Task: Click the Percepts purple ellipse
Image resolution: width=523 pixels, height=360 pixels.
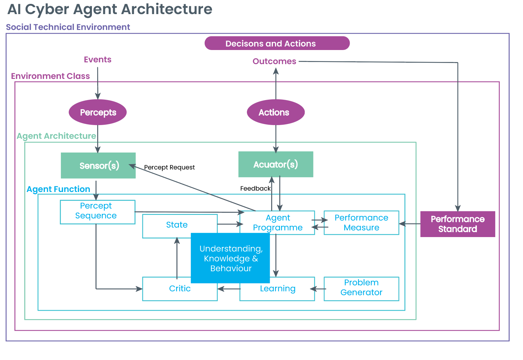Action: click(x=98, y=112)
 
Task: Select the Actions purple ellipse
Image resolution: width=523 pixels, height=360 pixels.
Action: click(x=275, y=112)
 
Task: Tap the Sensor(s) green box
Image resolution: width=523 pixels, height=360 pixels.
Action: click(x=98, y=166)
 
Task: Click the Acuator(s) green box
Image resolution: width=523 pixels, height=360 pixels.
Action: click(x=276, y=165)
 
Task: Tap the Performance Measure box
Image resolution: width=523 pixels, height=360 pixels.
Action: click(x=361, y=223)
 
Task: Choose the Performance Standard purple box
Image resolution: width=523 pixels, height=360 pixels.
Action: click(x=457, y=224)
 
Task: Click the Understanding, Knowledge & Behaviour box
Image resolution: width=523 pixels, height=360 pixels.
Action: click(x=230, y=258)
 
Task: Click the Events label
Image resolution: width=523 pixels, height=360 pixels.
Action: click(x=98, y=60)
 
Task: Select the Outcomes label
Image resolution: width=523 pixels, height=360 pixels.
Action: click(x=274, y=61)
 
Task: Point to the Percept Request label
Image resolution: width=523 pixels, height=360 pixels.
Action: click(x=169, y=167)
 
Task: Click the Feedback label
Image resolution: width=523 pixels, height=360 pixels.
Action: click(x=255, y=188)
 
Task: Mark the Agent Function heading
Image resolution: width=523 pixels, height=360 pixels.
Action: click(x=58, y=189)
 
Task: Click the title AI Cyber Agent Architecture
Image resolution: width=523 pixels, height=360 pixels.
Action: click(x=110, y=10)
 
